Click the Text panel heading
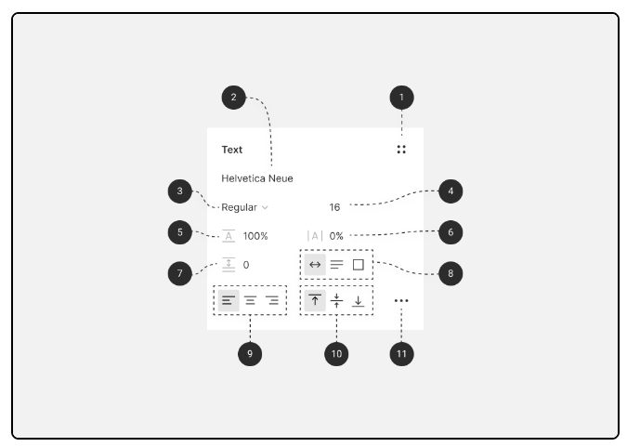pyautogui.click(x=231, y=150)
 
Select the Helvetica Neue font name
pyautogui.click(x=257, y=178)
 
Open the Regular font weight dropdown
pyautogui.click(x=244, y=207)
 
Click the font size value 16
pyautogui.click(x=334, y=207)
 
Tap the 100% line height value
pyautogui.click(x=255, y=236)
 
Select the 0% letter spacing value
pyautogui.click(x=336, y=236)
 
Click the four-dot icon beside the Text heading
pyautogui.click(x=401, y=149)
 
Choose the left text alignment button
pyautogui.click(x=229, y=300)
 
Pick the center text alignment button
pyautogui.click(x=250, y=300)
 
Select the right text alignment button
pyautogui.click(x=272, y=300)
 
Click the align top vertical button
pyautogui.click(x=315, y=300)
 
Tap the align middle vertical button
pyautogui.click(x=337, y=300)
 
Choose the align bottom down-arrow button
pyautogui.click(x=359, y=300)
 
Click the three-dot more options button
pyautogui.click(x=401, y=301)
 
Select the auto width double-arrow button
pyautogui.click(x=315, y=265)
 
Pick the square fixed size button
pyautogui.click(x=359, y=265)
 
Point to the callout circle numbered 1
pyautogui.click(x=401, y=97)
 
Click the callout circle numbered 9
pyautogui.click(x=250, y=353)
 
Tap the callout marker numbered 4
pyautogui.click(x=450, y=191)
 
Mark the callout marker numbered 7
pyautogui.click(x=180, y=273)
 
